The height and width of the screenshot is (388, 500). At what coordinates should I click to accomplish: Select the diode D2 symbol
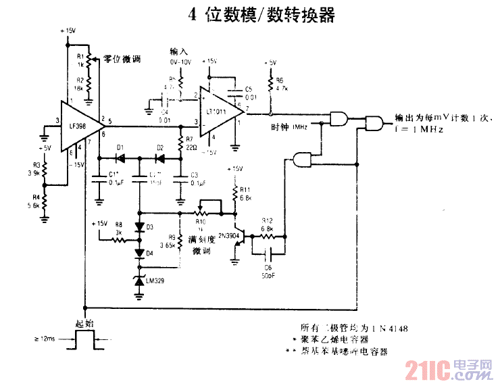pyautogui.click(x=160, y=158)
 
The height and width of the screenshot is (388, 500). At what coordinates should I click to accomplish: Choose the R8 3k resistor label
pyautogui.click(x=118, y=227)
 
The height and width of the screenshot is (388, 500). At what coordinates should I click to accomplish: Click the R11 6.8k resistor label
pyautogui.click(x=245, y=194)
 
